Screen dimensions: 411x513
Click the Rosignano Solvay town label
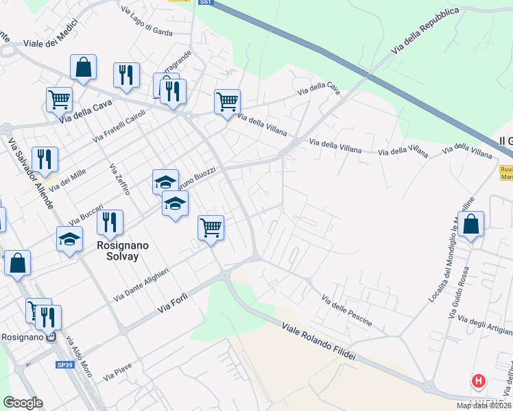[x=109, y=250]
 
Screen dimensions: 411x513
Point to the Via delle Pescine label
[x=347, y=308]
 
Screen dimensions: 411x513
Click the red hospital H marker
[x=479, y=381]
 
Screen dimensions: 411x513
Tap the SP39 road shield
[x=65, y=365]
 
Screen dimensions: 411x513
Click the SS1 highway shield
[x=206, y=3]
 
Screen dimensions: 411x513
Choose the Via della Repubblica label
[x=425, y=31]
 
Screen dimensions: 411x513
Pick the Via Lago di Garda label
[x=146, y=21]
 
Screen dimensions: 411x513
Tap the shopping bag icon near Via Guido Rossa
[x=471, y=224]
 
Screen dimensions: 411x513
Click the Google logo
[x=23, y=403]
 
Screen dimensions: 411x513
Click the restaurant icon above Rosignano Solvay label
[x=109, y=223]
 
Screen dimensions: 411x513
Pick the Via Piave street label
[x=117, y=373]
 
